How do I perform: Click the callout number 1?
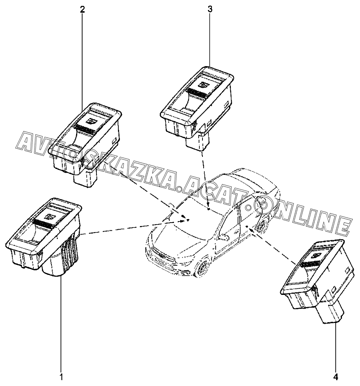(61, 377)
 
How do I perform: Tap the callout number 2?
(82, 10)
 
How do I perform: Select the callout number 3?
(210, 10)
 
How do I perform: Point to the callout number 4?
(336, 377)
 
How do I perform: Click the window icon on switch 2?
(91, 121)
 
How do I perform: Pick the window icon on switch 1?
(49, 216)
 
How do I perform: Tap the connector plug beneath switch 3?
(197, 141)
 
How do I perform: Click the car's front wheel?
(202, 269)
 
